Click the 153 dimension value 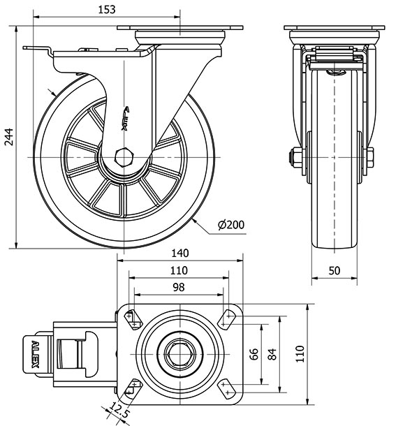click(106, 10)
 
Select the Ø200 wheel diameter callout click(231, 226)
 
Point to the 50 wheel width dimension click(335, 271)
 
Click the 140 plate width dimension click(180, 253)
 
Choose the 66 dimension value click(256, 353)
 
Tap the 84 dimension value click(272, 353)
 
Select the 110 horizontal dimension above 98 click(179, 271)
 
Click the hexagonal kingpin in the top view click(180, 353)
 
